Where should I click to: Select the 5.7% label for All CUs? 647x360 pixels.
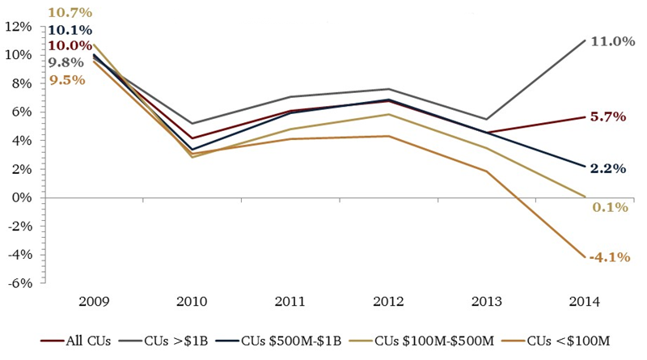(610, 116)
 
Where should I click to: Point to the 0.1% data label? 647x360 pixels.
(610, 207)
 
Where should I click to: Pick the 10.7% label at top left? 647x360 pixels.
(70, 13)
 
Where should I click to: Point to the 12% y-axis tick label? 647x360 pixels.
(18, 27)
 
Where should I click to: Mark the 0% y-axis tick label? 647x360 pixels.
(22, 197)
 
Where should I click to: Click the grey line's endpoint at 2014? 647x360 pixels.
(584, 40)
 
